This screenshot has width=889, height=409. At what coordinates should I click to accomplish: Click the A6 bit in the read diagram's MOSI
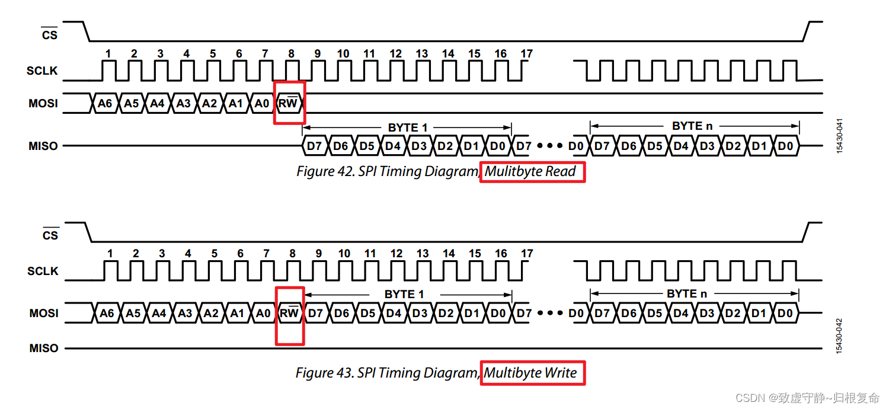point(104,103)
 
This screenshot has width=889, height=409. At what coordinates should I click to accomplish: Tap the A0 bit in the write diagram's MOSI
point(263,313)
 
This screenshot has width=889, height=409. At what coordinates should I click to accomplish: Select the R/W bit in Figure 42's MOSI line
point(289,103)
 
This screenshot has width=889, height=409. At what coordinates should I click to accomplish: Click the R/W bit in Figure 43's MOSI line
point(290,313)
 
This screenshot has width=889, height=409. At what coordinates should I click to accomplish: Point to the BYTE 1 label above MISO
point(407,127)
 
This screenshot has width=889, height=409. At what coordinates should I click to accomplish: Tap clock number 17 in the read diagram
point(526,54)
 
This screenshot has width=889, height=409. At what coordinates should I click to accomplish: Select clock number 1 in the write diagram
point(110,254)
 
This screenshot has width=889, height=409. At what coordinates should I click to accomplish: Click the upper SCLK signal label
point(42,71)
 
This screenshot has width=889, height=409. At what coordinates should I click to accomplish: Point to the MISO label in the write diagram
point(44,349)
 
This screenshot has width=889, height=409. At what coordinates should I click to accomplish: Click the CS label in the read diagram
point(50,35)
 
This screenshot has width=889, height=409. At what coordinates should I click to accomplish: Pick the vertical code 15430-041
point(839,136)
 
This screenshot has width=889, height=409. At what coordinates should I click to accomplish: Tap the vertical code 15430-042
point(839,336)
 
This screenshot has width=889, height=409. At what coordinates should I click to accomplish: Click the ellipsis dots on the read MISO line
point(550,146)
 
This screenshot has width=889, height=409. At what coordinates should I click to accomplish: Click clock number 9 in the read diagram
point(317,54)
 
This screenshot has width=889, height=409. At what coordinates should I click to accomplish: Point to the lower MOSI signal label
point(44,313)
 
